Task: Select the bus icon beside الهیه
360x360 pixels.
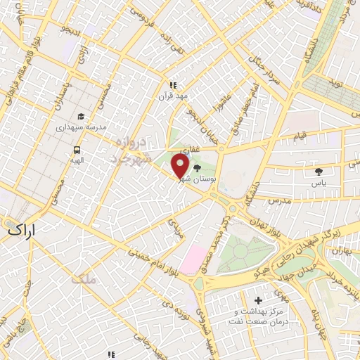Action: click(x=77, y=150)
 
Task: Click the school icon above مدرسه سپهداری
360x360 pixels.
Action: click(x=81, y=117)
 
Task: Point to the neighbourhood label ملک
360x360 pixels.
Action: click(x=82, y=279)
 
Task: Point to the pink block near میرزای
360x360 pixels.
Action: click(x=191, y=259)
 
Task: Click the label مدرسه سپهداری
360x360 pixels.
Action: click(x=81, y=129)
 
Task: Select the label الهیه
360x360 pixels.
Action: click(x=76, y=161)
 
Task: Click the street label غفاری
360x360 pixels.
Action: click(x=189, y=150)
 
